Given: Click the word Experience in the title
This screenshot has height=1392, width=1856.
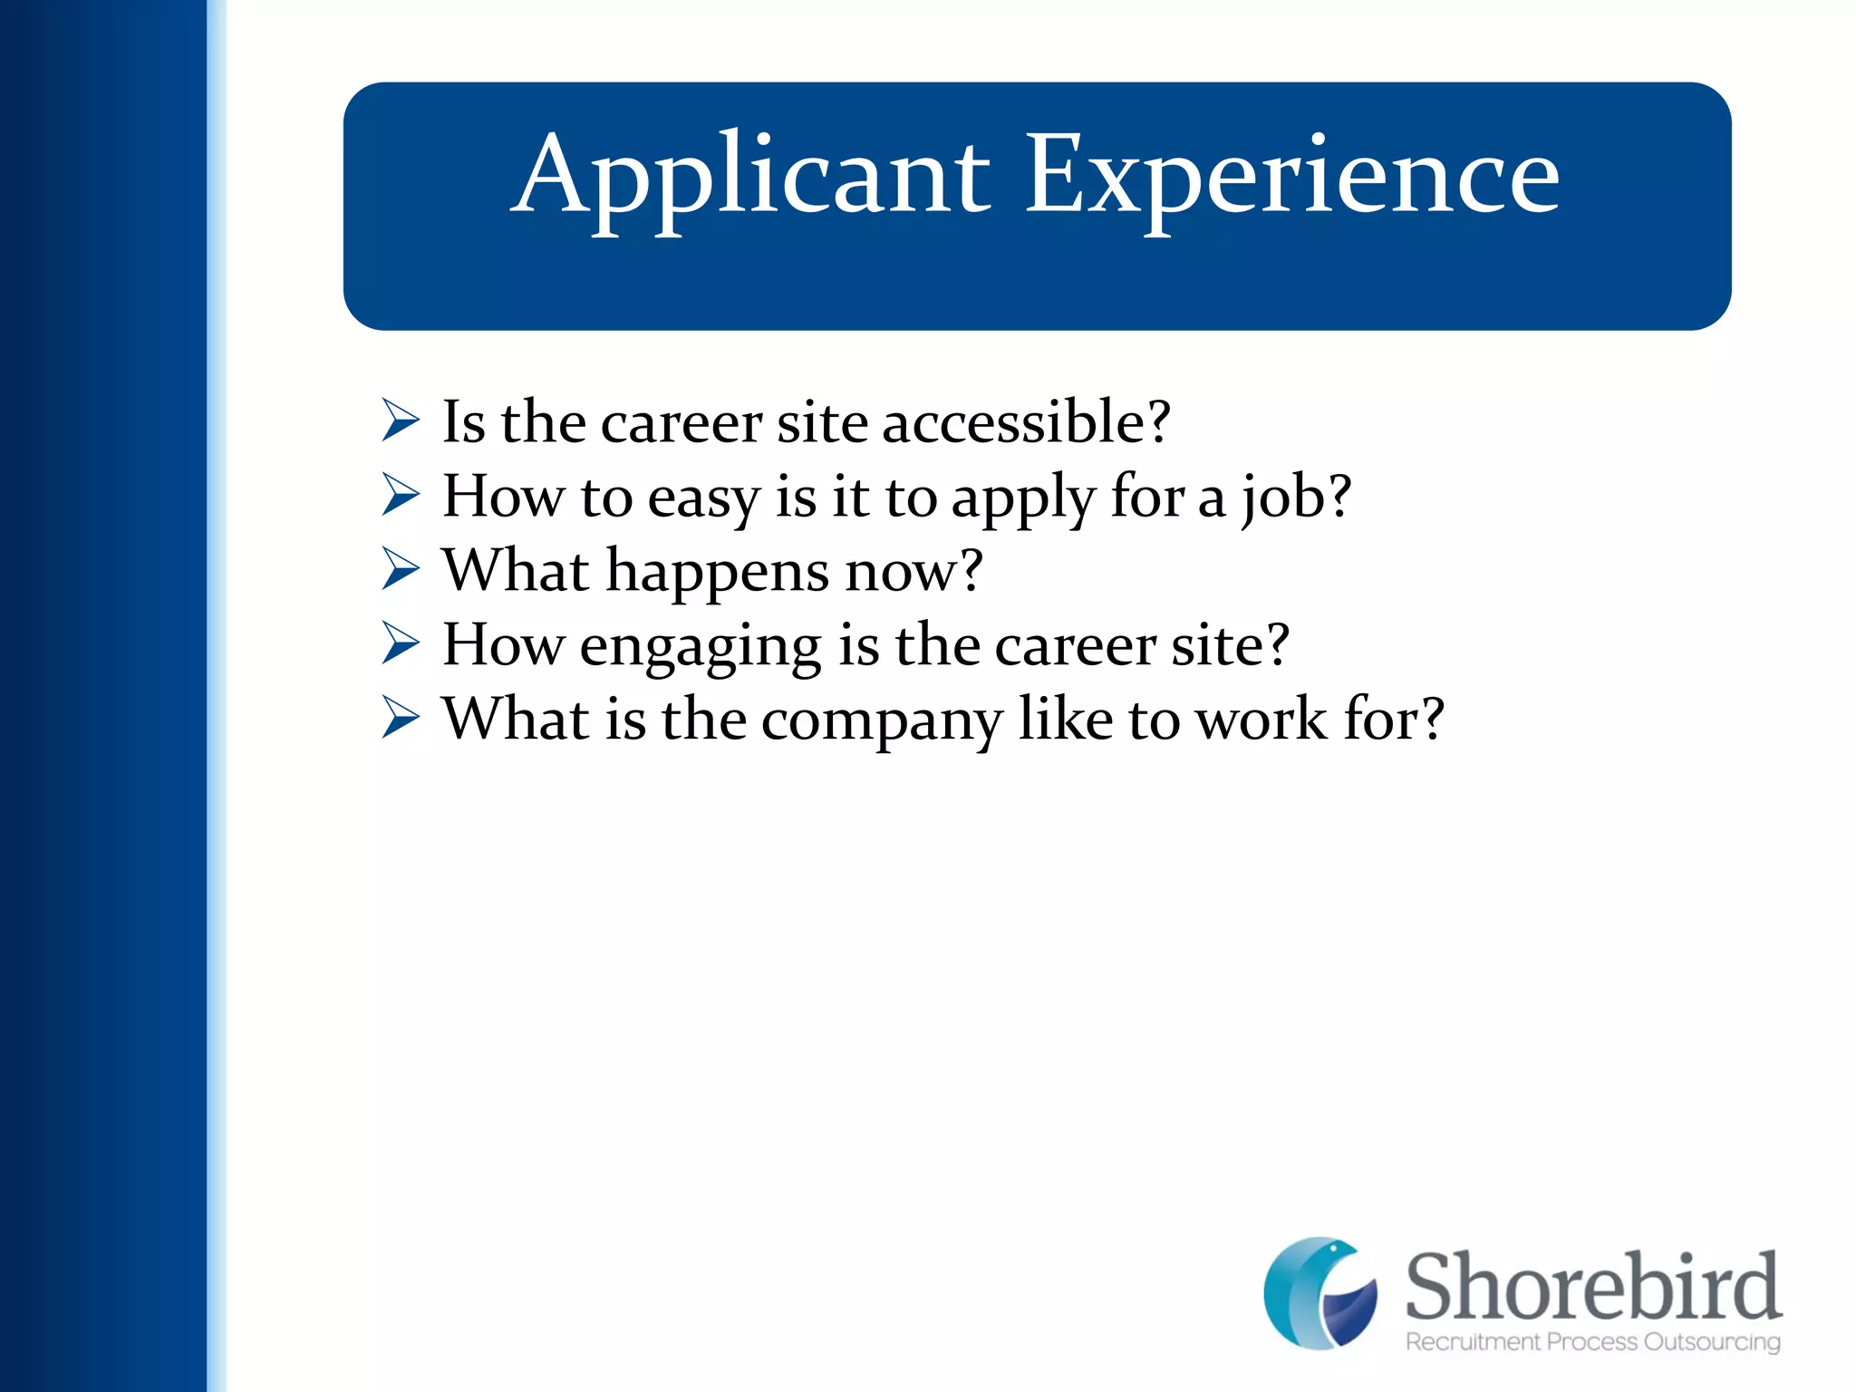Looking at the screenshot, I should pos(1292,177).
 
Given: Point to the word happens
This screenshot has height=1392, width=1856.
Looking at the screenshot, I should pos(717,573).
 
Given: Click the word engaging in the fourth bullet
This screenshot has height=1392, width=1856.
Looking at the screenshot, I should pos(700,647).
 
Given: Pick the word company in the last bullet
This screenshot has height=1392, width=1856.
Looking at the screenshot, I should pos(881,721).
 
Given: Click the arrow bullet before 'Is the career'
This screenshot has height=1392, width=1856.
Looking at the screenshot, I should pos(401,421).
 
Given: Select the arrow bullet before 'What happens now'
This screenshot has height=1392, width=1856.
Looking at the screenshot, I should pos(401,570).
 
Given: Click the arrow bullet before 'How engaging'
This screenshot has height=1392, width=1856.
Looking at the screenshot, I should pos(401,644).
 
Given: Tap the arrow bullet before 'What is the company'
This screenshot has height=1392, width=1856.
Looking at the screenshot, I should pos(401,719).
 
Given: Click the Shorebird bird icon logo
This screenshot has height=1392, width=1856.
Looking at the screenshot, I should pos(1320,1293).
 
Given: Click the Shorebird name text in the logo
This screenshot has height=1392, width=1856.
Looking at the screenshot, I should pos(1593,1287).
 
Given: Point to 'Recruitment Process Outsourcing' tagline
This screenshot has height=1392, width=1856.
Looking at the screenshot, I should pos(1593,1342).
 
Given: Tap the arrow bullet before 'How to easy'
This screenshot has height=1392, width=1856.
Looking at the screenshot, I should pos(401,496).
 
